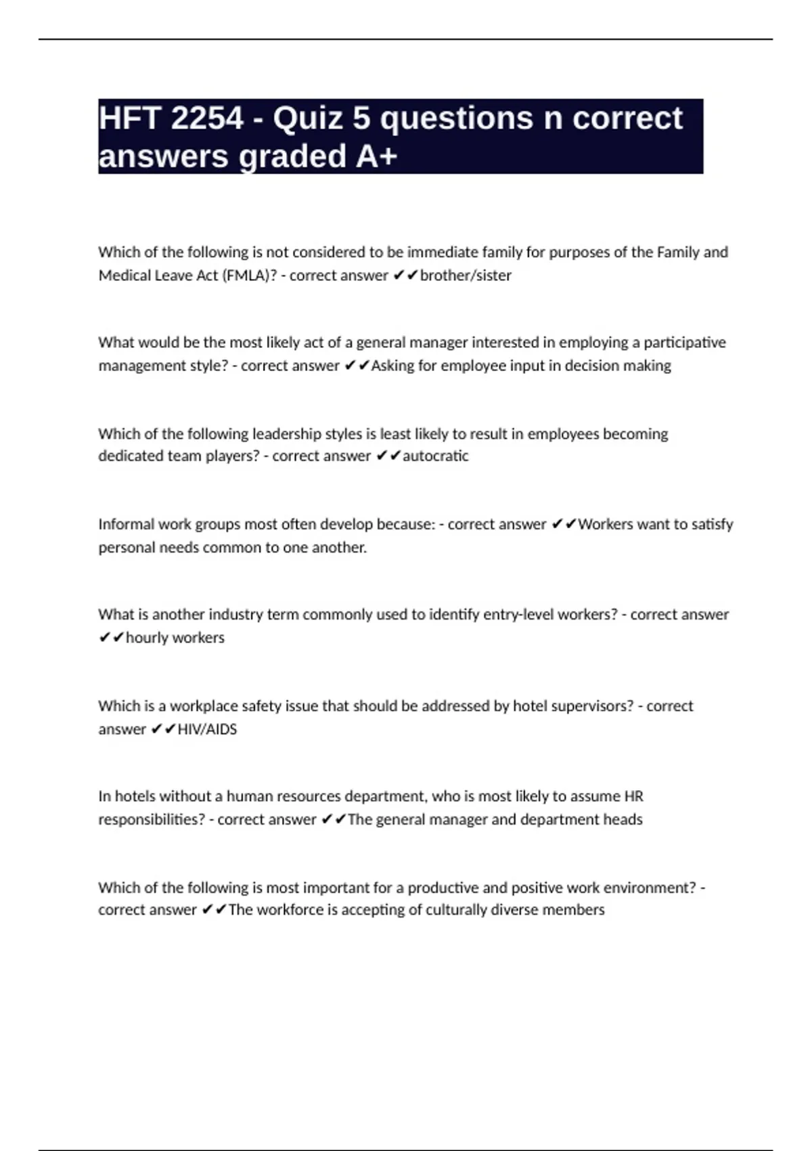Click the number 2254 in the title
pos(206,118)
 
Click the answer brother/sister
pos(466,276)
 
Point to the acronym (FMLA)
pos(250,276)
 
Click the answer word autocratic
pos(435,456)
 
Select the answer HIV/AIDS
pos(207,729)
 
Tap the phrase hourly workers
pos(175,638)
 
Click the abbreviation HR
pos(633,796)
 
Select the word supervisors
pos(592,706)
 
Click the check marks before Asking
pos(357,366)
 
